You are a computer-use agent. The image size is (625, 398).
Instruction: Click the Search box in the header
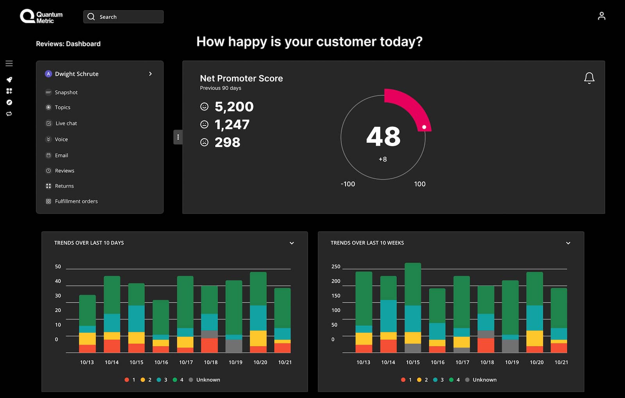coord(123,17)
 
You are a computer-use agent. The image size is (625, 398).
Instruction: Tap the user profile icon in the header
coord(602,16)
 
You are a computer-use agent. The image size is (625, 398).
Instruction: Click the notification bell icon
coord(589,78)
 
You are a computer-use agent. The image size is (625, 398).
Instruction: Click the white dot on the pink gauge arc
coord(424,127)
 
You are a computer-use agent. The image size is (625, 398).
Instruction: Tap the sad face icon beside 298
coord(204,142)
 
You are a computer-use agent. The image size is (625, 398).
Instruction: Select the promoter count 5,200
coord(234,107)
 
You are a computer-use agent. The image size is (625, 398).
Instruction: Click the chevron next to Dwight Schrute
coord(150,74)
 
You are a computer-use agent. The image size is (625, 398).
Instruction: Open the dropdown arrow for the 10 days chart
coord(291,243)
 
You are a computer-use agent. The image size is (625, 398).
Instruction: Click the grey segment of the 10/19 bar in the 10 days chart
coord(234,346)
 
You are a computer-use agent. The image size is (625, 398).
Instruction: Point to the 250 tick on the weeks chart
coord(336,266)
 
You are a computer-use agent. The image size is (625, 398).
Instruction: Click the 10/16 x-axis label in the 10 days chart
coord(161,362)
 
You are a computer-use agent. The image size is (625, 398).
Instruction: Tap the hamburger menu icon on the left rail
coord(9,63)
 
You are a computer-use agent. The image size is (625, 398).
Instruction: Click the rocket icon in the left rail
coord(9,80)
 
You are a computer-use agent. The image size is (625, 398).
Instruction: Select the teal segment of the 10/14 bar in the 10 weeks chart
coord(388,316)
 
